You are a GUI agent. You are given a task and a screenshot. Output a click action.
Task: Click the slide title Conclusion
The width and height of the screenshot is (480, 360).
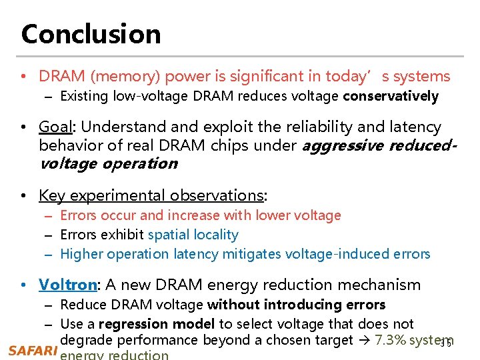91,34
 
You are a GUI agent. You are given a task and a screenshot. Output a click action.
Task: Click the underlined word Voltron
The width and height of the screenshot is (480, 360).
68,285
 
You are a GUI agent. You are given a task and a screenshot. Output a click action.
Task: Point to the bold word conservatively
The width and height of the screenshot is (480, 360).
391,96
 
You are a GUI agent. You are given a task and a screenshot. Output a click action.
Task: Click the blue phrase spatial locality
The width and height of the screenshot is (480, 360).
193,235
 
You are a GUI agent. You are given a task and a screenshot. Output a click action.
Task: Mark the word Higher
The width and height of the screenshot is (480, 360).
81,254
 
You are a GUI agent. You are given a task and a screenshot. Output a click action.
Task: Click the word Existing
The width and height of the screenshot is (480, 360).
84,96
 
